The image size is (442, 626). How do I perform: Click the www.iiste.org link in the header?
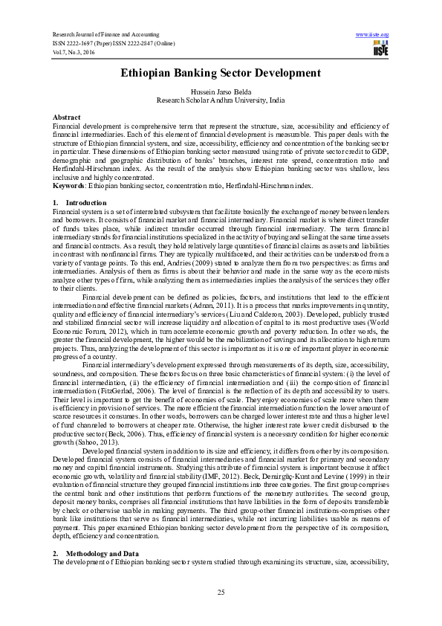[373, 34]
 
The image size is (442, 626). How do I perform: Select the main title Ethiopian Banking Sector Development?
[221, 73]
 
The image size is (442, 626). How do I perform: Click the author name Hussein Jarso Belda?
[221, 91]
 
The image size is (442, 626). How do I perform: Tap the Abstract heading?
[67, 118]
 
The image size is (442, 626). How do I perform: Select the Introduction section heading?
[81, 202]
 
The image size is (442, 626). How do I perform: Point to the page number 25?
[221, 591]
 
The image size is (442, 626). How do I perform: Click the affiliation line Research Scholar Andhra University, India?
[221, 99]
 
